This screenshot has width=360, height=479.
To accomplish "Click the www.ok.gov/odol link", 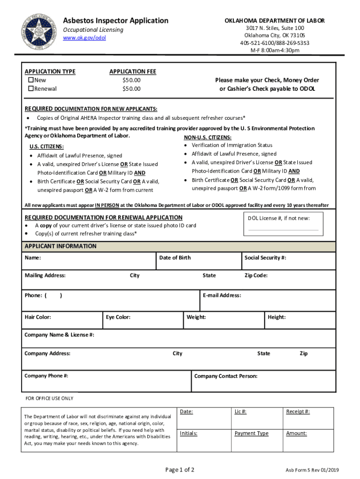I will point(85,38).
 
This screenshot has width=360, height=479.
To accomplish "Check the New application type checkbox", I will point(31,80).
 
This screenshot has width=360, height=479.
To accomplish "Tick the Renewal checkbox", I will point(31,88).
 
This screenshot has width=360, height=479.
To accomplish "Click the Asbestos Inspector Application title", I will point(115,21).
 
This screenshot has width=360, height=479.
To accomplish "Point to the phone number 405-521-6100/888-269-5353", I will point(274,43).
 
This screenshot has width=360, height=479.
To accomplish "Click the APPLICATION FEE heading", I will point(132,72).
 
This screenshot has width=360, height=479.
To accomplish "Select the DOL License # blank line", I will point(283,229).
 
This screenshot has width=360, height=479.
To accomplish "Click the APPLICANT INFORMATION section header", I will point(60,246).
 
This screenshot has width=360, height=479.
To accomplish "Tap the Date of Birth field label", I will point(175,258).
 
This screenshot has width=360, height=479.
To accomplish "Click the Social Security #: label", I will point(265,258).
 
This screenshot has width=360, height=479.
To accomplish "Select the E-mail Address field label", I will point(222,296).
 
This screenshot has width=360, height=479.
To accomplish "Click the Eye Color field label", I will point(118,317).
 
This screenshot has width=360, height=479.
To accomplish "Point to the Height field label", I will point(276,317).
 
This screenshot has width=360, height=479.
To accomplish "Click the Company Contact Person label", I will point(225,376).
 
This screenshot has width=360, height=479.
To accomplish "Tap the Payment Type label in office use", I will point(252,434).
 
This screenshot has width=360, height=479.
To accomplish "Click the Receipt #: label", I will point(297,412).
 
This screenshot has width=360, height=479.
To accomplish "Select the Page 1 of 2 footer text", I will point(180,470).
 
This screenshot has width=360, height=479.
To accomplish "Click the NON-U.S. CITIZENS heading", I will point(207,138).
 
